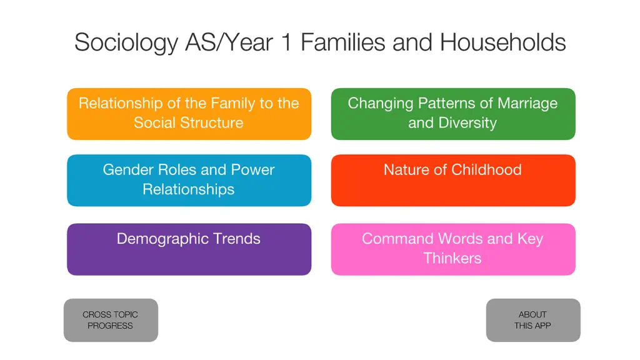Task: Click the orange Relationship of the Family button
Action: (189, 114)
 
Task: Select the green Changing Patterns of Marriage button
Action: (453, 114)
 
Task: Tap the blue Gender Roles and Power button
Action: (189, 180)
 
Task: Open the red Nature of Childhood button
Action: (453, 180)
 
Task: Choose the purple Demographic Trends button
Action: (189, 249)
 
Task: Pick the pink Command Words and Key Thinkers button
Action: (453, 249)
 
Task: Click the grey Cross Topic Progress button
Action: (111, 320)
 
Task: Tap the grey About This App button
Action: (533, 320)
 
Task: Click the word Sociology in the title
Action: (126, 43)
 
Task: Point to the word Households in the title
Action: (503, 42)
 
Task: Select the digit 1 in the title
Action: (287, 42)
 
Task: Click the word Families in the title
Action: (343, 42)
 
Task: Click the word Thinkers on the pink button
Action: (452, 258)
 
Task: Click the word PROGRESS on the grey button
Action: (110, 326)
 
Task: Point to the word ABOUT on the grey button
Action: (532, 315)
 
